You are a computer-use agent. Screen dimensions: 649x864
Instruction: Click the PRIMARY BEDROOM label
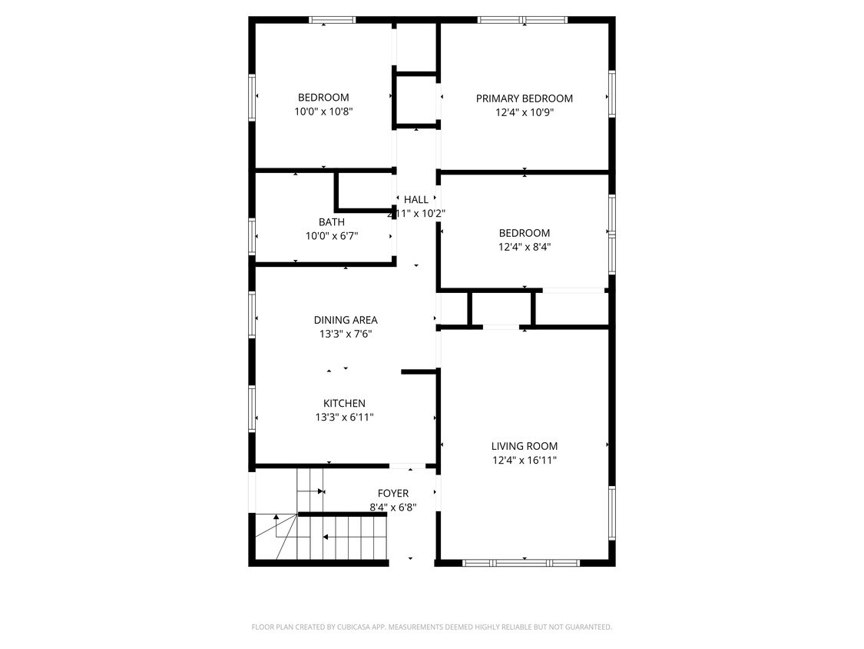tap(524, 98)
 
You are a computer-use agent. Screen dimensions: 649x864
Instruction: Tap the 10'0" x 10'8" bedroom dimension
tap(323, 111)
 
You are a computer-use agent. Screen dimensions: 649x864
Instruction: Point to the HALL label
tap(416, 200)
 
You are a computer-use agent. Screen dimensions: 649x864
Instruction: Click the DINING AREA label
tap(345, 320)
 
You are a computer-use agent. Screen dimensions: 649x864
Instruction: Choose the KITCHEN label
tap(344, 404)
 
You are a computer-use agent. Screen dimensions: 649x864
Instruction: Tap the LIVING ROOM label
tap(525, 446)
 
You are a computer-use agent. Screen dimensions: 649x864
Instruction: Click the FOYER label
tap(392, 493)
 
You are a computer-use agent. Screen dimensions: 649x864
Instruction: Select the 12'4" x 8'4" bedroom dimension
tap(525, 248)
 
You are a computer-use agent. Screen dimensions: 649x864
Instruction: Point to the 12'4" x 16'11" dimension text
tap(525, 461)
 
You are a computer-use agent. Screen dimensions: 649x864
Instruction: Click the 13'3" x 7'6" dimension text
tap(345, 334)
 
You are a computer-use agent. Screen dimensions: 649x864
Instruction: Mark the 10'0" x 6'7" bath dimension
tap(331, 237)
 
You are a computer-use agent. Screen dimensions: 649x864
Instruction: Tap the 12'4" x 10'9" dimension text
tap(525, 112)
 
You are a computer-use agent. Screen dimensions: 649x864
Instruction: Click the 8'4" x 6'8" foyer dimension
tap(392, 508)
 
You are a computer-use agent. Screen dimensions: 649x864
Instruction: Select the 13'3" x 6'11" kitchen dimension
tap(344, 418)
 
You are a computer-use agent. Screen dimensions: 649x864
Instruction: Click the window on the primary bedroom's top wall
tap(522, 20)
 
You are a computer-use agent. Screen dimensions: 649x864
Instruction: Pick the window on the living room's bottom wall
tap(521, 563)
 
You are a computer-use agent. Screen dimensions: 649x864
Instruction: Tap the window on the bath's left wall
tap(252, 236)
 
